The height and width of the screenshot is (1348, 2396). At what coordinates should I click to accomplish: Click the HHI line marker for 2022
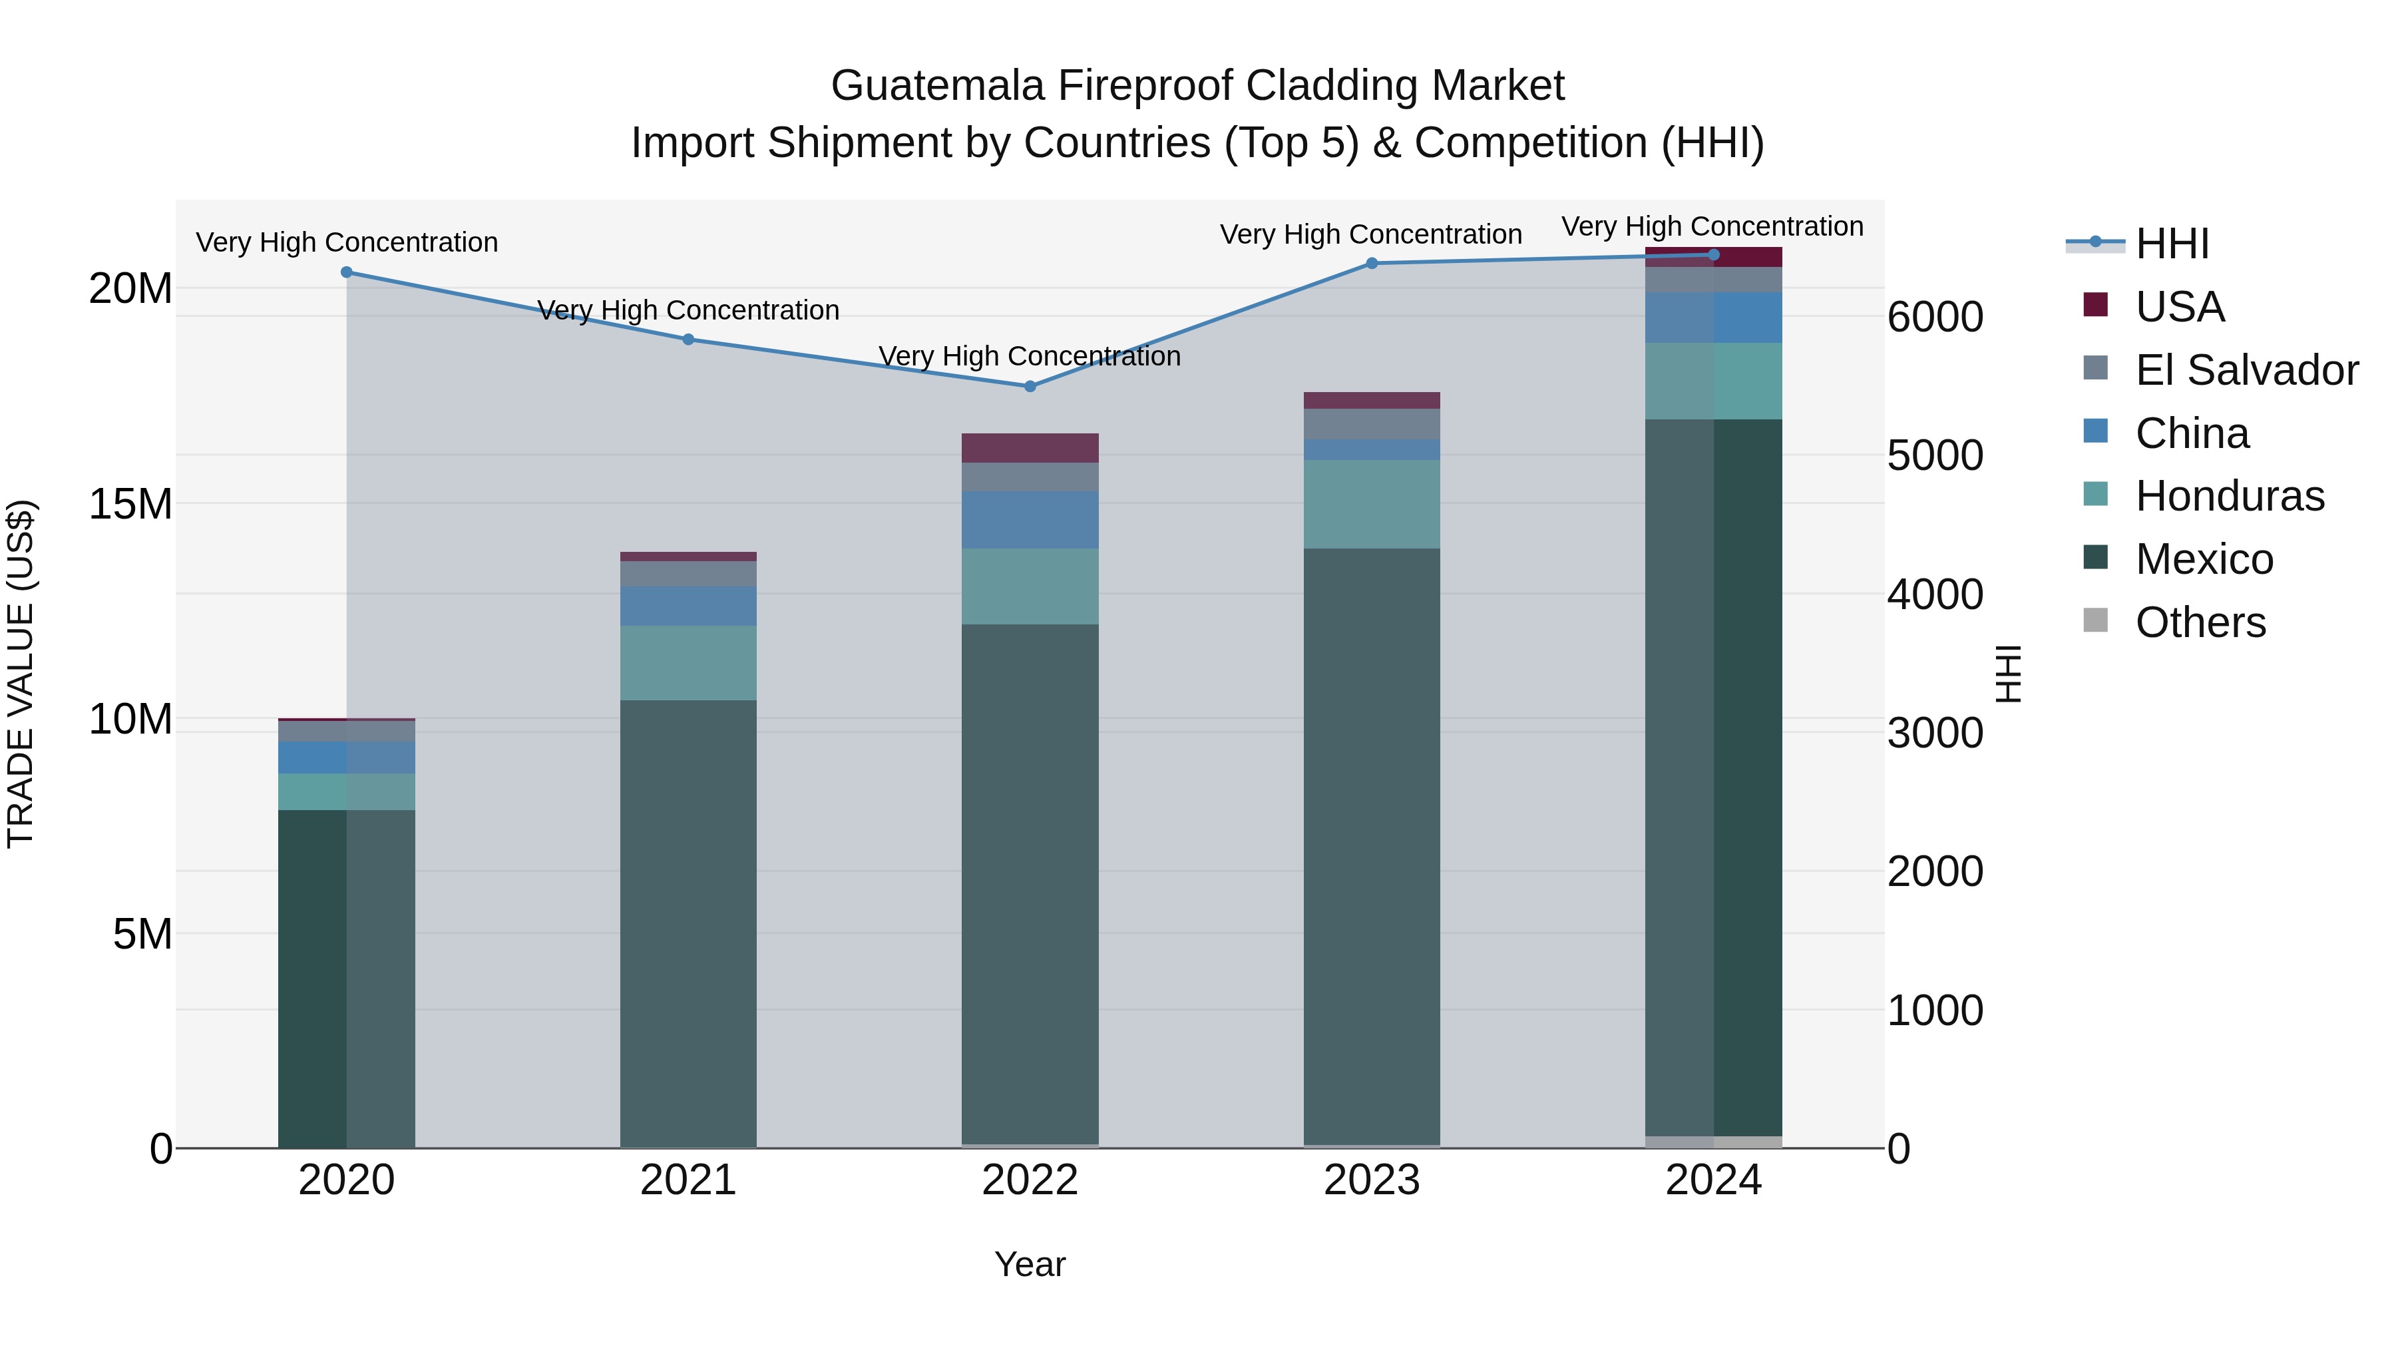pos(1030,386)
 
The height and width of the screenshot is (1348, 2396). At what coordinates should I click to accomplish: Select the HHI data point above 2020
pos(347,272)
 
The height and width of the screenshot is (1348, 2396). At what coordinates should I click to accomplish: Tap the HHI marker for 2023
pos(1372,263)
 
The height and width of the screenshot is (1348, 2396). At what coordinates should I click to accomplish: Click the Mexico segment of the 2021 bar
pos(688,921)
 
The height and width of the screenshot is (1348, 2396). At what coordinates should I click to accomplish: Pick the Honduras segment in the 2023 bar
pos(1372,503)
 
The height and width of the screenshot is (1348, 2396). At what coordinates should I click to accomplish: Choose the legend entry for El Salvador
pos(2246,370)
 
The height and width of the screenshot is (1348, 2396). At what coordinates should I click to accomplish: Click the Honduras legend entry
pos(2230,496)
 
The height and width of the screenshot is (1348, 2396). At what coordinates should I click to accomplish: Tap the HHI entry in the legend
pos(2172,244)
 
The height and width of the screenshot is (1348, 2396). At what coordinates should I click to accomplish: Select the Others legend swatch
pos(2096,620)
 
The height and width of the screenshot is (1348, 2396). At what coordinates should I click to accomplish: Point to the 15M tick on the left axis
pos(130,504)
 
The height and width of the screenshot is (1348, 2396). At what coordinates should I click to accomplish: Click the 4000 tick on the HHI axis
pos(1935,594)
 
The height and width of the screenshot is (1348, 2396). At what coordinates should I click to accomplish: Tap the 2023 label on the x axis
pos(1372,1180)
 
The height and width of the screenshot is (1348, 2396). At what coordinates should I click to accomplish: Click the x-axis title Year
pos(1030,1264)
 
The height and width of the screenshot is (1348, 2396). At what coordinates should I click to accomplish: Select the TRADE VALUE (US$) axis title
pos(21,674)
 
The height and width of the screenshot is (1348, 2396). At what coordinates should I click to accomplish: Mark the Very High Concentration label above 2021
pos(688,310)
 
